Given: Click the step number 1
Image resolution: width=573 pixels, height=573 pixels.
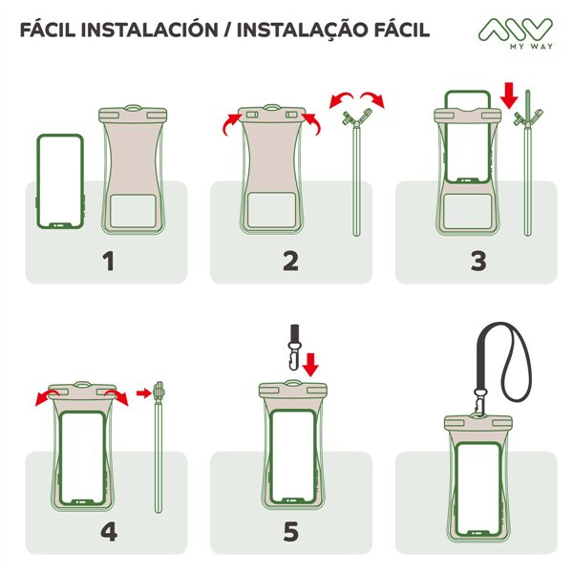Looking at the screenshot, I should [108, 260].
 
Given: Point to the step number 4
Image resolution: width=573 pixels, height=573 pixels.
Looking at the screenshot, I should [108, 531].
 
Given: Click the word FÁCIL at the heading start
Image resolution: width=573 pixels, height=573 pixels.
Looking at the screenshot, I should [53, 30].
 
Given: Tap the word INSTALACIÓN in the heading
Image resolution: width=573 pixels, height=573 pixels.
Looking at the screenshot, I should [163, 30].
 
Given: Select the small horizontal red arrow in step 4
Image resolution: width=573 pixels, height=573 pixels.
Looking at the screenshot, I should [143, 392].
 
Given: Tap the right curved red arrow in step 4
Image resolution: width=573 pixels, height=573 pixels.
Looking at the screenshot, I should [117, 395].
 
